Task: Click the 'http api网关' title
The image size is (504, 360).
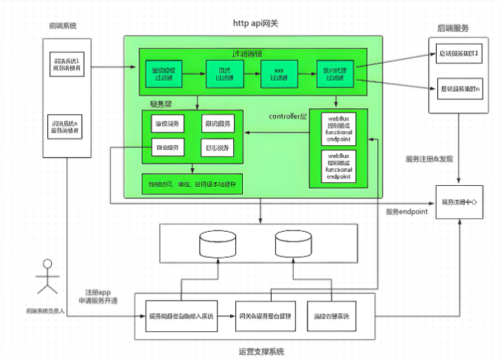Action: pos(255,24)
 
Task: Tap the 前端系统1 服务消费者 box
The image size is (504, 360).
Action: pos(64,64)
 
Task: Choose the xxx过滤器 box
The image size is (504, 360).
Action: pos(277,75)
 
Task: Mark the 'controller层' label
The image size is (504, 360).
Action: pos(287,117)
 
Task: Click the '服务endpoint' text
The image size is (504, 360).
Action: pos(407,212)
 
